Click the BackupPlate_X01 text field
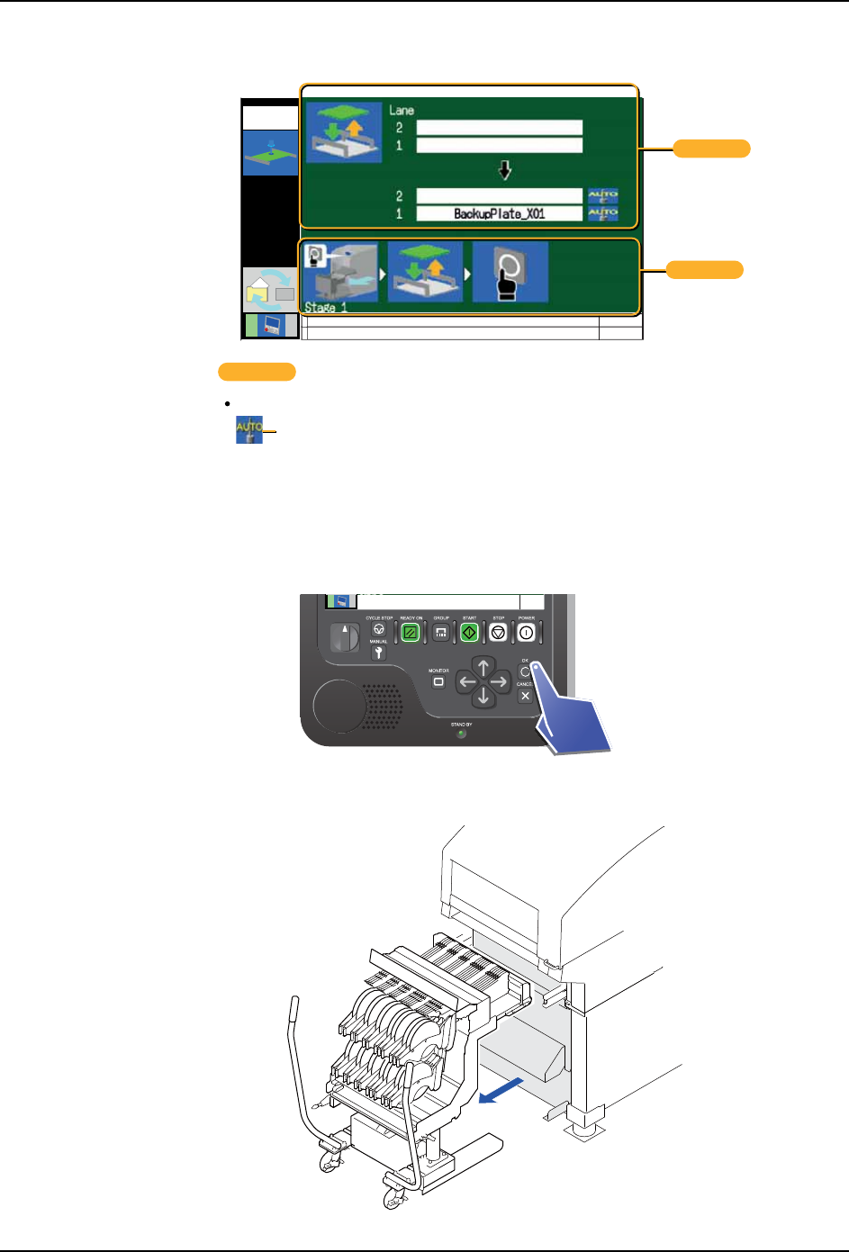click(499, 214)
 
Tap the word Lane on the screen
click(402, 111)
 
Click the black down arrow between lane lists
click(504, 170)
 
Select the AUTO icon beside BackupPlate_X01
click(602, 214)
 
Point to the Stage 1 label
click(325, 307)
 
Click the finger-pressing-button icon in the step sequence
click(510, 272)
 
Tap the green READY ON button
click(411, 633)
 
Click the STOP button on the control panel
click(498, 633)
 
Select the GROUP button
click(440, 633)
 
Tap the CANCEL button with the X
click(525, 696)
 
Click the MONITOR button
click(438, 682)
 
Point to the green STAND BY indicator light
click(462, 734)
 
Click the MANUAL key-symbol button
click(379, 653)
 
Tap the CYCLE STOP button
click(379, 630)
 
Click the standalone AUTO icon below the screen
click(249, 429)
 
